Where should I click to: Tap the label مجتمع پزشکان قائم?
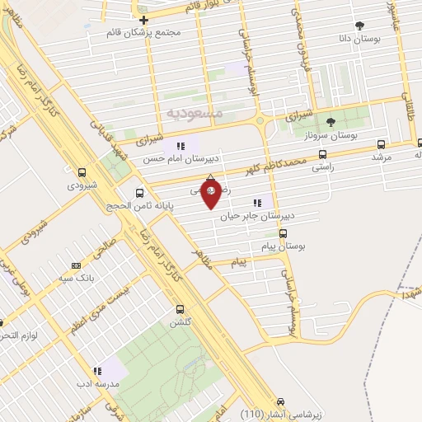[155, 33]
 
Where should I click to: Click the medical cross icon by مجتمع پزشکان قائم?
[143, 20]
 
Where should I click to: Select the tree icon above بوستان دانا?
[359, 26]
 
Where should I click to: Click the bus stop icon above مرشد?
[378, 142]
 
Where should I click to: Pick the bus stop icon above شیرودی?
[82, 173]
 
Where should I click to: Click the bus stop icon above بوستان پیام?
[284, 233]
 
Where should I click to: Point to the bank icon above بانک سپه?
[76, 265]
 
